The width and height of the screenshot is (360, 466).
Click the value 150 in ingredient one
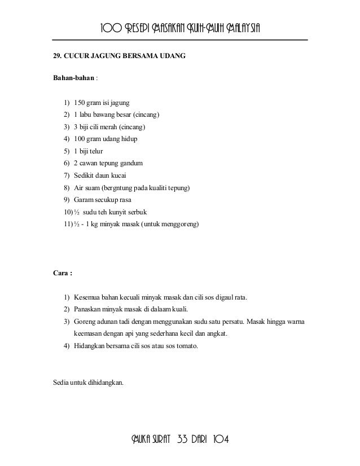80,103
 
